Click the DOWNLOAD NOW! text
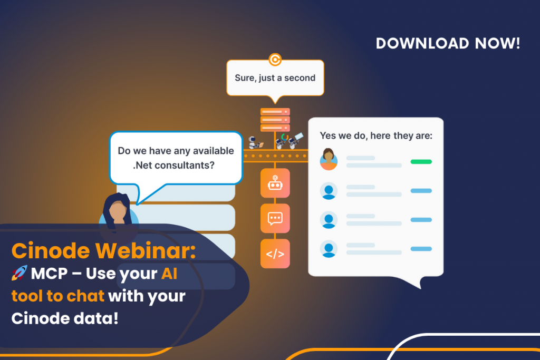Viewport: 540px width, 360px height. (448, 43)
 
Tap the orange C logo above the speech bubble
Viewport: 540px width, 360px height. (275, 60)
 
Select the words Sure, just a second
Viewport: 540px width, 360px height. (275, 78)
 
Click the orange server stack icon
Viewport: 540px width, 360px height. (275, 120)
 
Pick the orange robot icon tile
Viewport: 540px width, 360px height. (275, 183)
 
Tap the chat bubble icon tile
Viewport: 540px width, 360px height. (275, 218)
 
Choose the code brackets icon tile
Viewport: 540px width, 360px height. (275, 254)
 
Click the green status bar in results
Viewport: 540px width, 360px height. (421, 162)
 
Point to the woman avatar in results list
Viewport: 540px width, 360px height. (329, 159)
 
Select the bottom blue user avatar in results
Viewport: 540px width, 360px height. (329, 249)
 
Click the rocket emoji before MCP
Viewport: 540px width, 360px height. (20, 273)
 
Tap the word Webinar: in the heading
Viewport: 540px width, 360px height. (146, 250)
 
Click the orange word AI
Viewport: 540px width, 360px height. (169, 274)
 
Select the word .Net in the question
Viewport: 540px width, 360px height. (142, 166)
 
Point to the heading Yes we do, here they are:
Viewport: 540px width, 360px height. (375, 135)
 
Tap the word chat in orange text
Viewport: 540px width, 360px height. (85, 296)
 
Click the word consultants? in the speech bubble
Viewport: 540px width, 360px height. (185, 166)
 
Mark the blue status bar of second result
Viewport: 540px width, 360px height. (421, 191)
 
